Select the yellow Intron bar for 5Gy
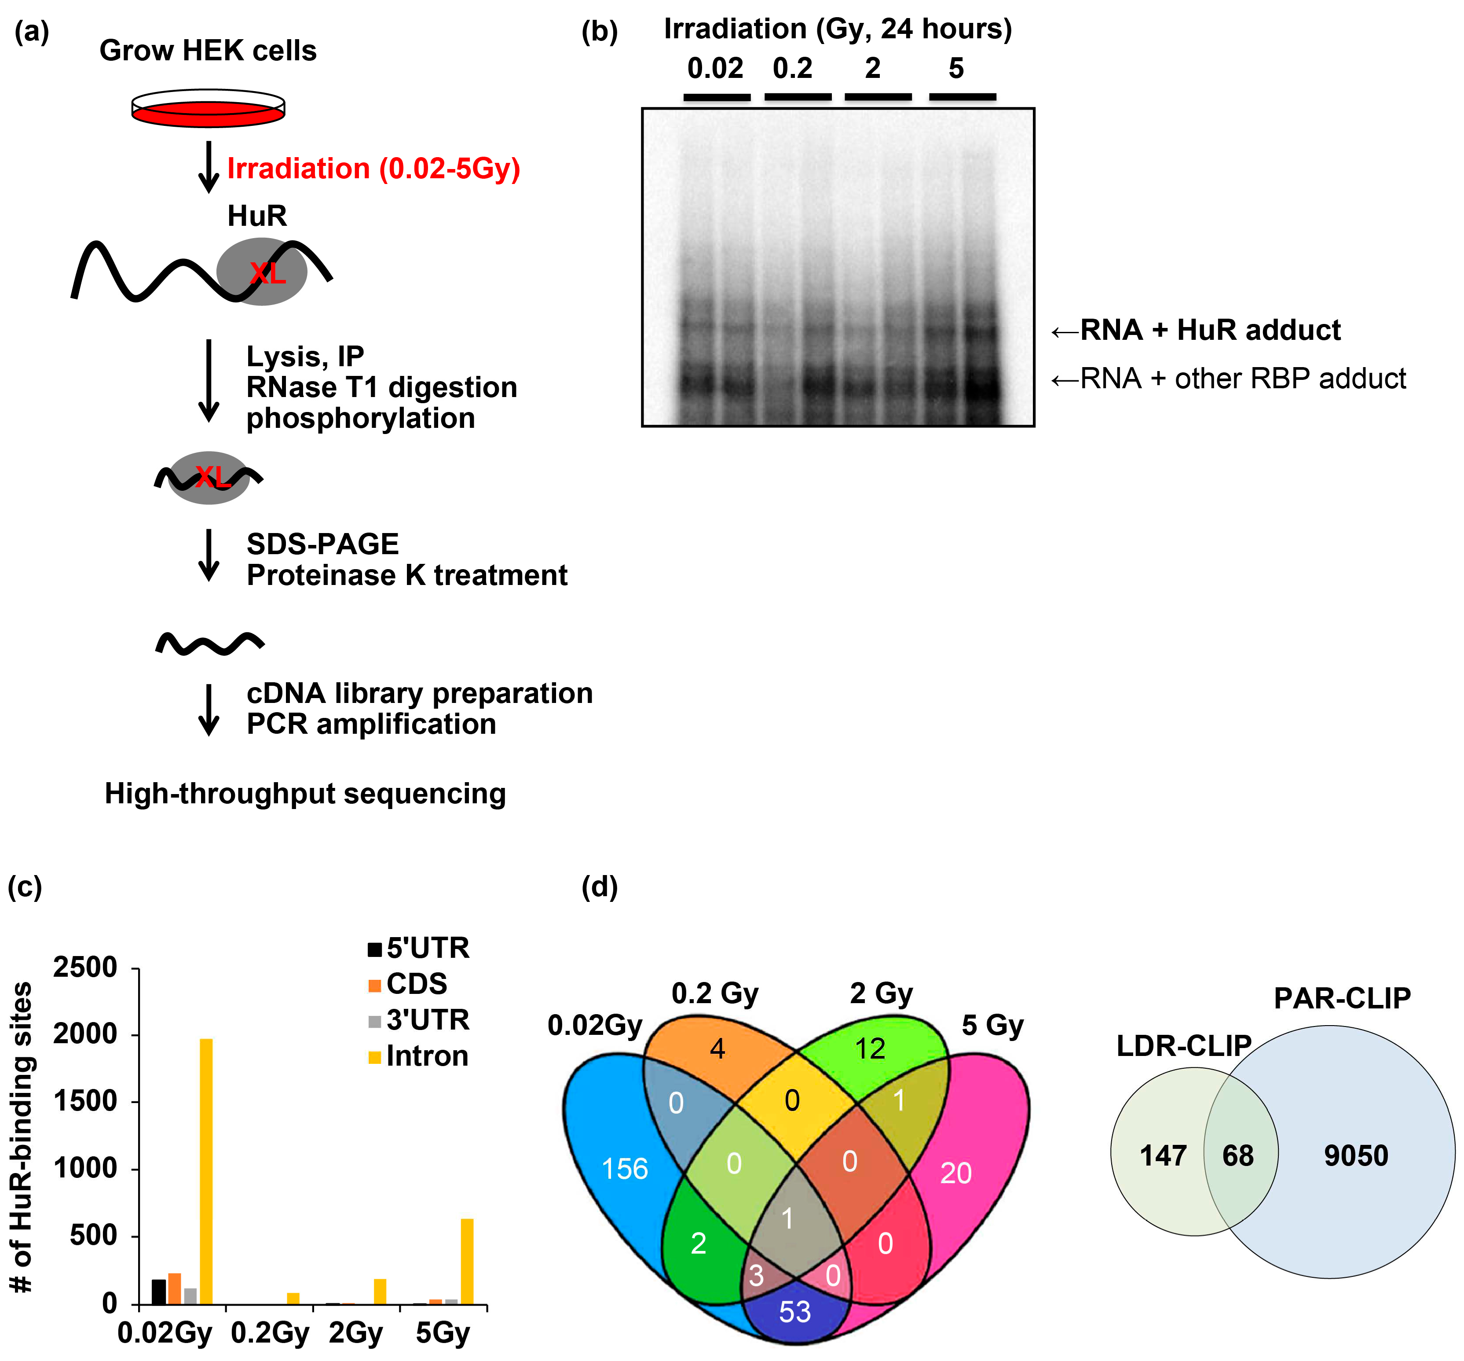coord(467,1261)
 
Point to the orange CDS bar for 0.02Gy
coord(175,1289)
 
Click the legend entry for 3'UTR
coord(418,1020)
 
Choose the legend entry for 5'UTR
coord(418,948)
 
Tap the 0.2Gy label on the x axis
coord(270,1333)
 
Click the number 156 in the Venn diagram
coord(625,1169)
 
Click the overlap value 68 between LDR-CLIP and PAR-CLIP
coord(1238,1155)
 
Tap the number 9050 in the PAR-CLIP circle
coord(1356,1155)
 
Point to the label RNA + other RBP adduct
coord(1242,379)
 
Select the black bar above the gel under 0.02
coord(717,96)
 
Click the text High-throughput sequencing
coord(305,794)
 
